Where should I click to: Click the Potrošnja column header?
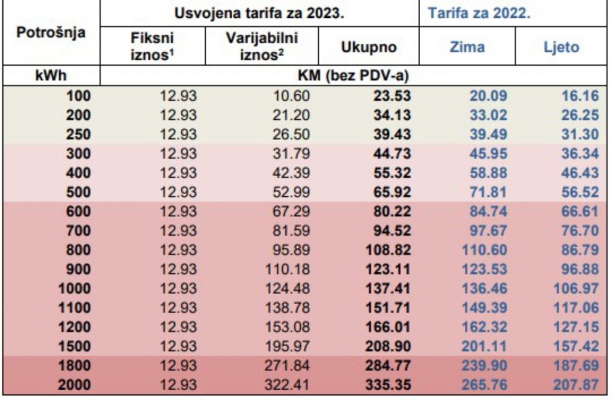pos(51,33)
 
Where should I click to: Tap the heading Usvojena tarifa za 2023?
pos(260,13)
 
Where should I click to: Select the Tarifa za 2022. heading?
pos(479,13)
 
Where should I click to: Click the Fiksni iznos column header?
pos(152,47)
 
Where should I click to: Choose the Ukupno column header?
pos(369,47)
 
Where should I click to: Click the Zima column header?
pos(467,47)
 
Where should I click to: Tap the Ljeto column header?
pos(561,47)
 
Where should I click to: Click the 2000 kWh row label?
pos(74,385)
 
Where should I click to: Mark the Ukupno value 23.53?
pos(391,96)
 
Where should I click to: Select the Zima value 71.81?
pos(487,192)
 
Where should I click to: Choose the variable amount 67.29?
pos(291,211)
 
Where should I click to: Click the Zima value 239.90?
pos(484,366)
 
